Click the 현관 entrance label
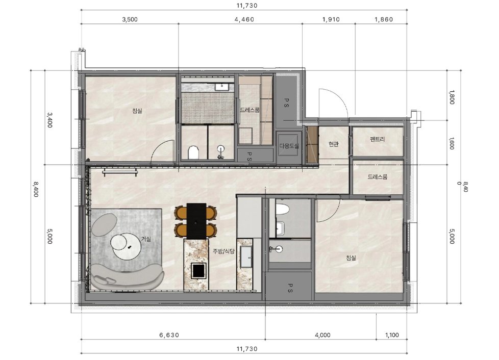pos(333,144)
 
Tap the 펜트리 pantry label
pos(378,139)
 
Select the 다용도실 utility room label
pos(289,146)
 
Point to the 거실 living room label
pos(146,239)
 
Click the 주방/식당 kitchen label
pos(223,251)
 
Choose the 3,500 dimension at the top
pos(130,19)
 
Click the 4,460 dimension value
pos(244,19)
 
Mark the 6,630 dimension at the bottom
pos(169,335)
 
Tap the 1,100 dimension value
pos(392,335)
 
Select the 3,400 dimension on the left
pos(49,120)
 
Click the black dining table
pos(196,221)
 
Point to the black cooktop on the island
pos(198,270)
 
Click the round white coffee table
pos(126,246)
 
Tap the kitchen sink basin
pos(246,256)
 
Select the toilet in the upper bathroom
pos(193,151)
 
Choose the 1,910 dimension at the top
pos(331,19)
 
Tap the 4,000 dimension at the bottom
pos(322,335)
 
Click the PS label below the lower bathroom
pos(290,288)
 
